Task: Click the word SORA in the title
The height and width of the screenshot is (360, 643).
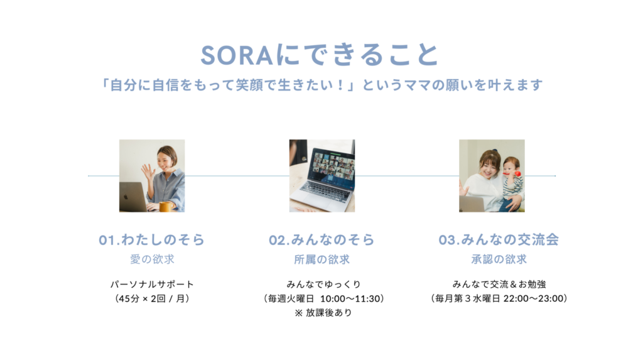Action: point(237,55)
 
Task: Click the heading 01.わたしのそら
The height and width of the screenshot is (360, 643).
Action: point(152,240)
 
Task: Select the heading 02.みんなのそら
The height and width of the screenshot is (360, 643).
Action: point(321,240)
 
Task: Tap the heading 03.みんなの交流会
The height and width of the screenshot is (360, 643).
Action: point(499,240)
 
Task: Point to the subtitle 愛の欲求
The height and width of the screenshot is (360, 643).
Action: point(152,259)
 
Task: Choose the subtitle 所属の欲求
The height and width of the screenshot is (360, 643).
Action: point(322,259)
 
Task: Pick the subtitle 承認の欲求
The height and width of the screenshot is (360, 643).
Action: point(499,259)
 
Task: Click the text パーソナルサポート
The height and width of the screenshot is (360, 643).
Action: point(152,284)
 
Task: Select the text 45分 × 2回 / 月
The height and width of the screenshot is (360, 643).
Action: point(152,298)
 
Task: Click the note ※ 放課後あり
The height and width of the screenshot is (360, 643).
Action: point(323,313)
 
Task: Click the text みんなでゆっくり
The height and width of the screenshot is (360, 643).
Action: point(323,284)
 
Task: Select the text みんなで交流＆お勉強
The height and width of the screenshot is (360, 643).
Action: point(499,284)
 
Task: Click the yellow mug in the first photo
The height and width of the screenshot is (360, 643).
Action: point(166,207)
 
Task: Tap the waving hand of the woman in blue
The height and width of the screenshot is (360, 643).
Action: point(148,172)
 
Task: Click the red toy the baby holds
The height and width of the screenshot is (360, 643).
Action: point(516,173)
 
